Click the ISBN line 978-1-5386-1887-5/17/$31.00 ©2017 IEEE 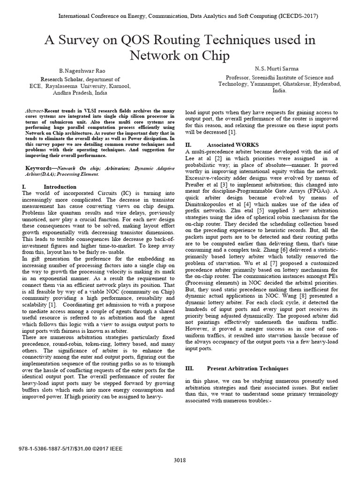tap(73, 449)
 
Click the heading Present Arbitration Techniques tap(247, 368)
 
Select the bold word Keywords tap(37, 167)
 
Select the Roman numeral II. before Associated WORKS tap(188, 145)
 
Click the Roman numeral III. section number tap(190, 368)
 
